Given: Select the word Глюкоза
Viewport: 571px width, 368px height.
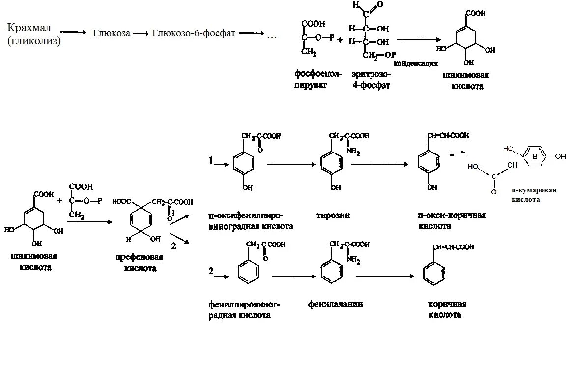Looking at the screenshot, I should (112, 33).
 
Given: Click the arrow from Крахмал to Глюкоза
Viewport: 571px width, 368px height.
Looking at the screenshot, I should (74, 33).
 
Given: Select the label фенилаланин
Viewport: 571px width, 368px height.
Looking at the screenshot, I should (336, 304).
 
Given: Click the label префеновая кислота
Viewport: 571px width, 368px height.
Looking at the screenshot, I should (140, 263).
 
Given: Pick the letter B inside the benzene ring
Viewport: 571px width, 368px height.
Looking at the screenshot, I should (534, 156).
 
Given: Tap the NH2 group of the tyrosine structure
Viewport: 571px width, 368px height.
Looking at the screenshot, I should (353, 153).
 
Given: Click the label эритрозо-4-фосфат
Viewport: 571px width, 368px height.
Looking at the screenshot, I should (371, 79).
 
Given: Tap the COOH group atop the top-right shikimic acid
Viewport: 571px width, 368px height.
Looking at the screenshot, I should (476, 14).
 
